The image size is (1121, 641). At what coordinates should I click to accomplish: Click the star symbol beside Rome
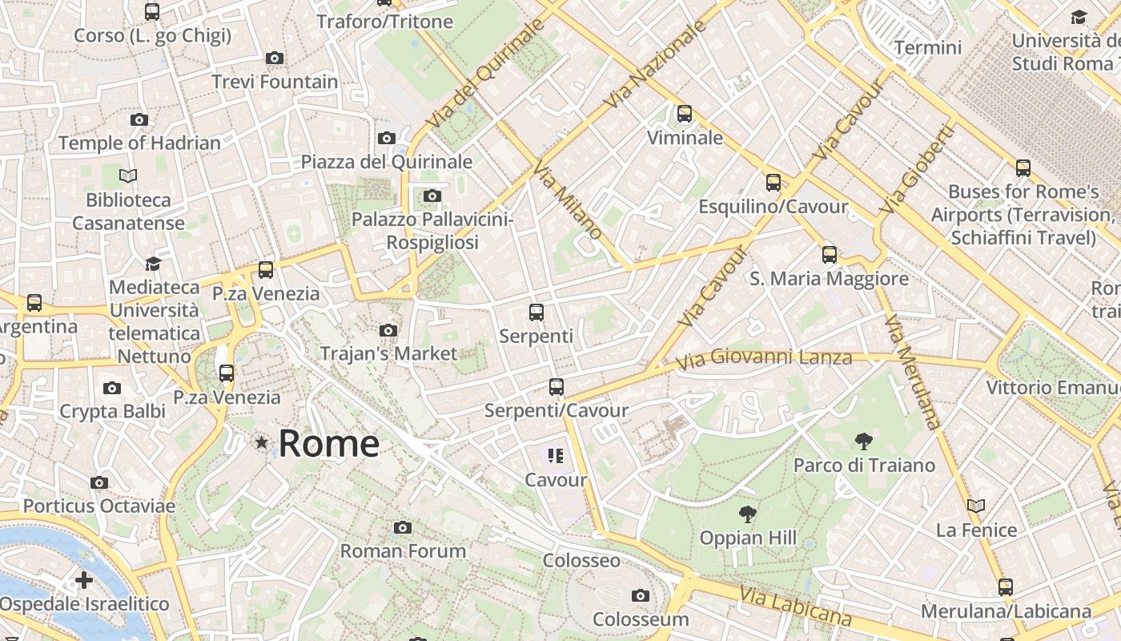pos(261,442)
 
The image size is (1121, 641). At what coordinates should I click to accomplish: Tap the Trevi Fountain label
pos(275,82)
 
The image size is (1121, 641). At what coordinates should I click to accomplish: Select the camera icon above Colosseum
pos(640,595)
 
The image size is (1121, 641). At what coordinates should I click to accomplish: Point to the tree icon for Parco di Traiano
pos(863,441)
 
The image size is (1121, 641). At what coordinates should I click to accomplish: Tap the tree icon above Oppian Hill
pos(748,514)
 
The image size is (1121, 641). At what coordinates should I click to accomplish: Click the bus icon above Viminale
pos(684,114)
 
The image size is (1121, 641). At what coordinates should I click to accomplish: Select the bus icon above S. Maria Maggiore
pos(829,255)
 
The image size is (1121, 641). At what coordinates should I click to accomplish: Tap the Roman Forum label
pos(403,551)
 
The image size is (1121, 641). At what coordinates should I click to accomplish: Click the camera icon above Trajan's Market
pos(388,330)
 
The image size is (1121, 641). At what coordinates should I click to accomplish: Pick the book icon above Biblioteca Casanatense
pos(128,175)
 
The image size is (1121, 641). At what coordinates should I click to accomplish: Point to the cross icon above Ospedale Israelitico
pos(84,579)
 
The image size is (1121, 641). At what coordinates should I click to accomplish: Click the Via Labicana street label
pos(795,605)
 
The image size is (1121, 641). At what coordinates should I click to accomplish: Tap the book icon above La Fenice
pos(975,506)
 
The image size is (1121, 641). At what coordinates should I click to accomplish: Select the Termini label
pos(928,47)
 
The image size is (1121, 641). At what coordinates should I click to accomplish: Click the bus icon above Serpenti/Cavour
pos(556,387)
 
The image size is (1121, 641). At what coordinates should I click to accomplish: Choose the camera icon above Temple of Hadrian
pos(139,119)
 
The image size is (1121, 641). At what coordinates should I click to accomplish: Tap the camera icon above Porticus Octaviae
pos(99,482)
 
